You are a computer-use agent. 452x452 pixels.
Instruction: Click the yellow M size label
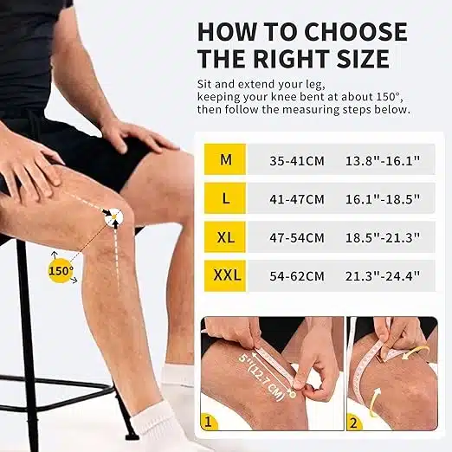click(225, 159)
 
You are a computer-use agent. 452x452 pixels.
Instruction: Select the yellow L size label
click(225, 198)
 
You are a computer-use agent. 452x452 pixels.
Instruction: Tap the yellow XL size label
click(225, 237)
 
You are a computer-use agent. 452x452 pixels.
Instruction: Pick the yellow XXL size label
click(225, 275)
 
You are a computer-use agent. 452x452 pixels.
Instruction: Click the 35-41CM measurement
click(297, 161)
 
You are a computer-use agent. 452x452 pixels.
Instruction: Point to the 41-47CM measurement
click(297, 199)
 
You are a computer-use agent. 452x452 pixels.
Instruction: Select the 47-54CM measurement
click(297, 238)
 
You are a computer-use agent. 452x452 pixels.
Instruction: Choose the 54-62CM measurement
click(297, 276)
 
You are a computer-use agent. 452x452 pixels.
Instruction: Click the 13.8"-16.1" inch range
click(383, 160)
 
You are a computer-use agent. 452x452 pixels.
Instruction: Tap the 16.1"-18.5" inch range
click(383, 199)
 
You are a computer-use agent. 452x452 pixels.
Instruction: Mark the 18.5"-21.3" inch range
click(383, 237)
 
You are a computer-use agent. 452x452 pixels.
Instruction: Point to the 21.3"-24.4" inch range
click(383, 276)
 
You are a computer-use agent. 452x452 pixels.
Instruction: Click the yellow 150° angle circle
click(60, 271)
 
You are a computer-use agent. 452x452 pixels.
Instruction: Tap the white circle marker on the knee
click(113, 216)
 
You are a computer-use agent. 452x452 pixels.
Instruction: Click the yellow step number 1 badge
click(209, 423)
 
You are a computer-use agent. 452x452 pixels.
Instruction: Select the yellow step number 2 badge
click(354, 423)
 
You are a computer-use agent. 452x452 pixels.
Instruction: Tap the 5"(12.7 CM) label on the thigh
click(260, 377)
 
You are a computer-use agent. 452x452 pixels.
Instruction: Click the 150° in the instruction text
click(389, 96)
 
